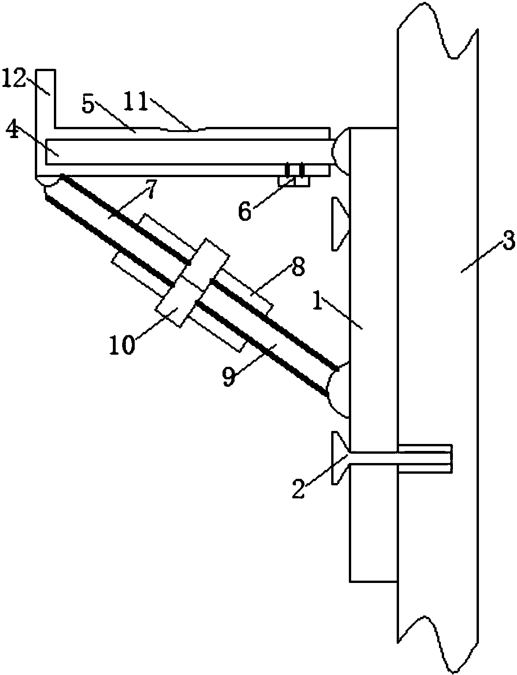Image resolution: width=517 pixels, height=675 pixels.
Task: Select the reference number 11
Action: (136, 102)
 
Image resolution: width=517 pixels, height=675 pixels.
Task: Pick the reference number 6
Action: (245, 211)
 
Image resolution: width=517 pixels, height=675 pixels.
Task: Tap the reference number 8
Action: (297, 266)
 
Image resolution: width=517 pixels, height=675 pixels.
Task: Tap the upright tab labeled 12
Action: (46, 99)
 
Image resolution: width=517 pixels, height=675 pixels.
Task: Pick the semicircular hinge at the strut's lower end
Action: (339, 390)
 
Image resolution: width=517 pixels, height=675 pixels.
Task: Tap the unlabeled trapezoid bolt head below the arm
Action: (341, 223)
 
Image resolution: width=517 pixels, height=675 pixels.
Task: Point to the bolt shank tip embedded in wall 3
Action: (451, 458)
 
